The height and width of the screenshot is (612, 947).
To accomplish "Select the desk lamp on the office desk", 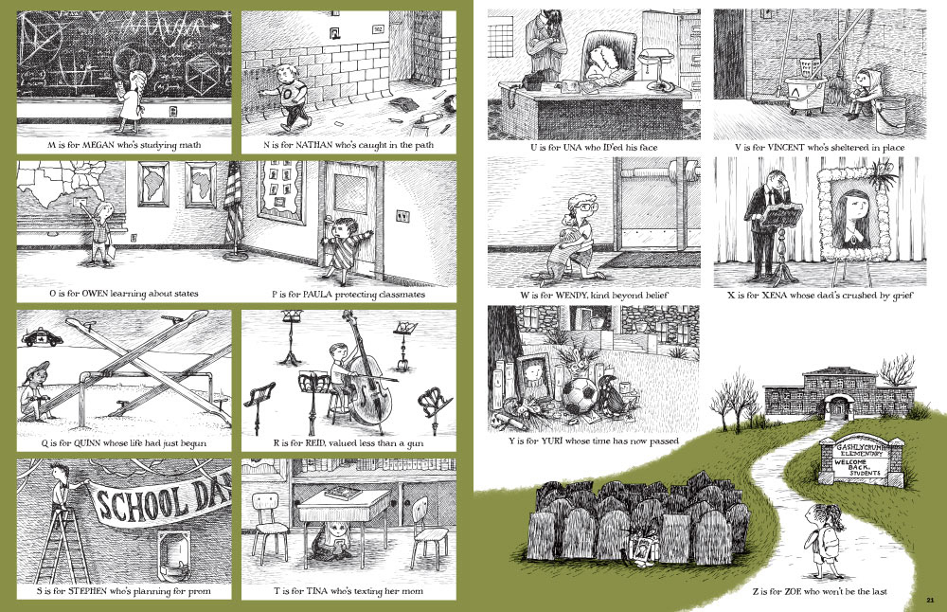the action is [x=656, y=69].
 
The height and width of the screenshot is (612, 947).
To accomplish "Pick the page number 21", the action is [x=930, y=600].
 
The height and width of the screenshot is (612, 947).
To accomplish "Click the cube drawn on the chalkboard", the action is [x=205, y=76].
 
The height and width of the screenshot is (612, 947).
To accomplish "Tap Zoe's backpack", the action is [x=829, y=541].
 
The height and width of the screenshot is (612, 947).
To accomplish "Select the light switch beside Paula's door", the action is [x=402, y=216].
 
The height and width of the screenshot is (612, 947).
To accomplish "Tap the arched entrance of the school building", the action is [x=838, y=406].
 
